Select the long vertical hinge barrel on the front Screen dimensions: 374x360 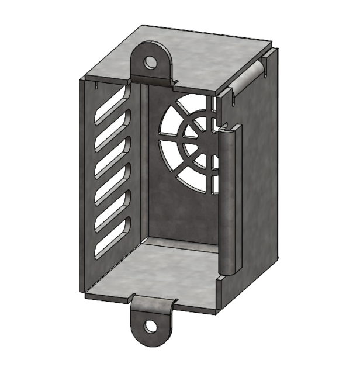(x=229, y=202)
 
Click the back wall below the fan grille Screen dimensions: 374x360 (x=181, y=210)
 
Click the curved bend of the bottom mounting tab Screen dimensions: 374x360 (x=153, y=303)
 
